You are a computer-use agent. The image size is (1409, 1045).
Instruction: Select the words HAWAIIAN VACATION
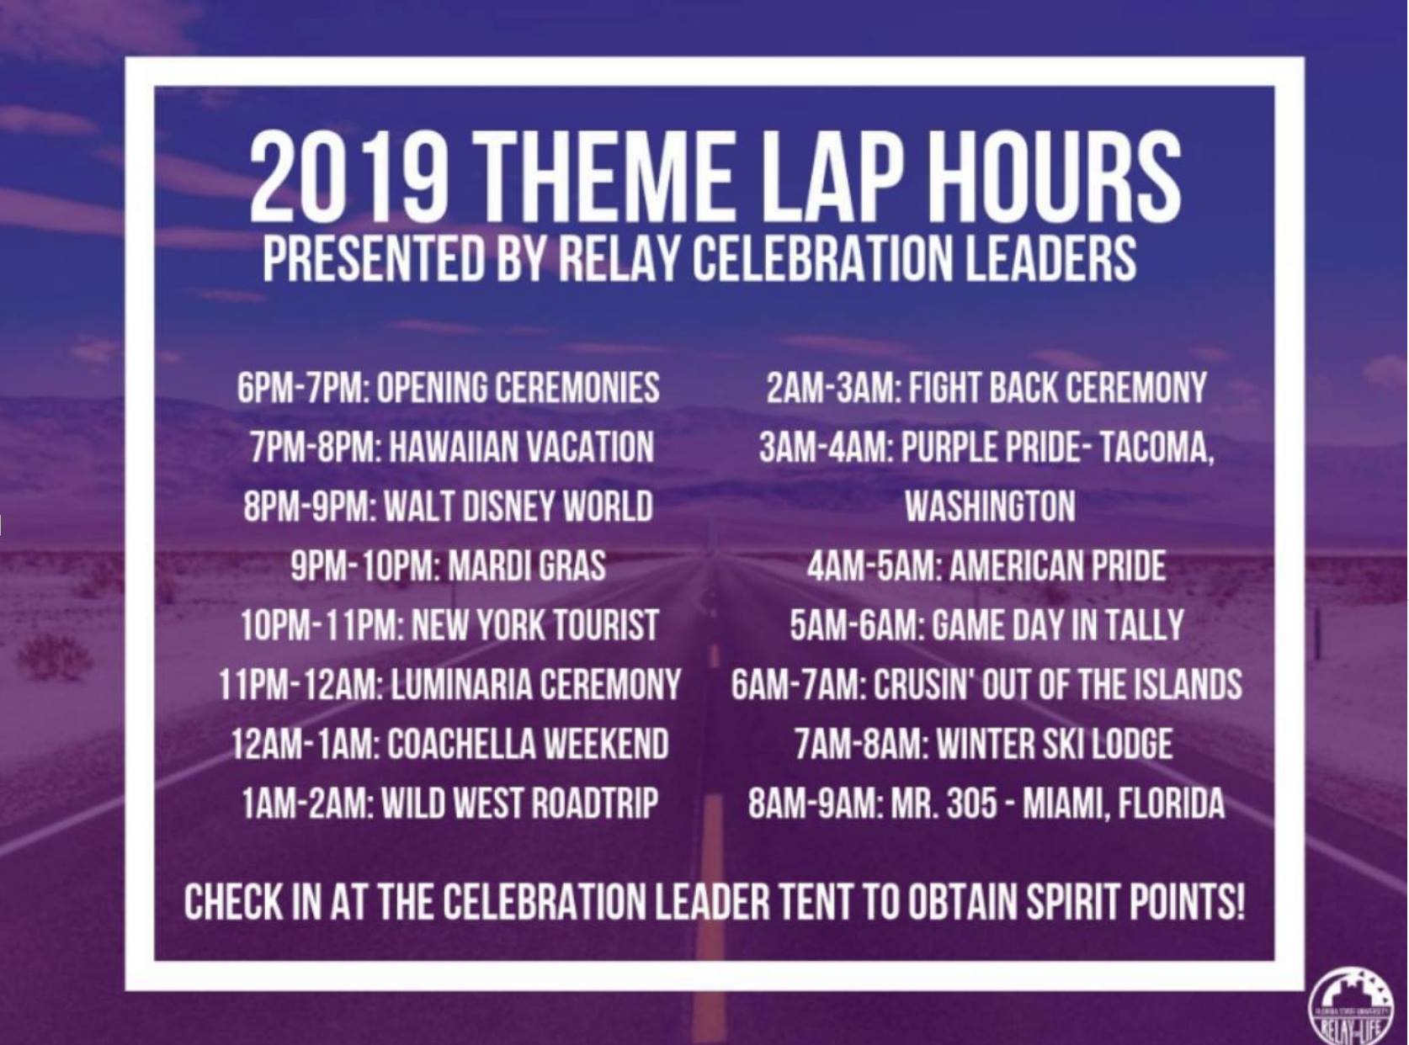pyautogui.click(x=521, y=446)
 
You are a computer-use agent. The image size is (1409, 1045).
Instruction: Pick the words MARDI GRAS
pyautogui.click(x=527, y=565)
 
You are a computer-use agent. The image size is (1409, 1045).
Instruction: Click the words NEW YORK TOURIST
pyautogui.click(x=534, y=624)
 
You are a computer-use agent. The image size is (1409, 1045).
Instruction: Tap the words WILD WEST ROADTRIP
pyautogui.click(x=519, y=803)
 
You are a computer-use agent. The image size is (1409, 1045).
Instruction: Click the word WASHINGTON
pyautogui.click(x=991, y=506)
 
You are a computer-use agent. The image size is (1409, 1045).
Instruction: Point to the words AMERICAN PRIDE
pyautogui.click(x=1058, y=565)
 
